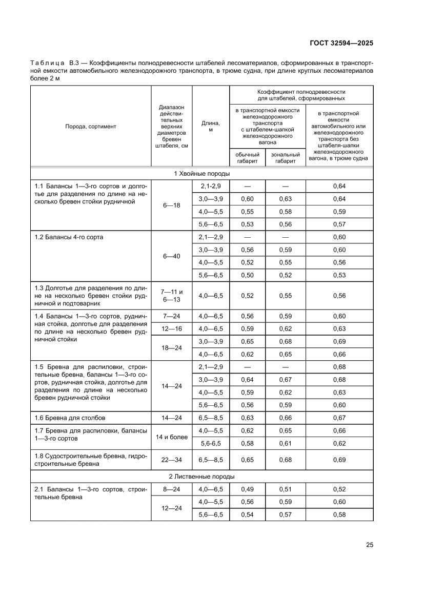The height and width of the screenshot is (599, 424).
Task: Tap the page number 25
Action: (x=369, y=544)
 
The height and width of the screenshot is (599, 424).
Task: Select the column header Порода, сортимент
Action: (x=91, y=126)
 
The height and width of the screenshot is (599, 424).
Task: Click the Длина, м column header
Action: (x=210, y=126)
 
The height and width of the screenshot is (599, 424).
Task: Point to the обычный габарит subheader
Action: (x=247, y=158)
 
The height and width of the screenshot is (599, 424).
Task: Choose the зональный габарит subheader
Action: (x=286, y=158)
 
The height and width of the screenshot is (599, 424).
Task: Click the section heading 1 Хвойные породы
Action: (x=201, y=174)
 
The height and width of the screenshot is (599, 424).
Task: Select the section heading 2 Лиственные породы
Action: (x=201, y=477)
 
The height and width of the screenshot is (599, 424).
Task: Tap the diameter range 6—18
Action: (x=171, y=205)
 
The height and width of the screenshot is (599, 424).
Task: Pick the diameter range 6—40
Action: (x=171, y=256)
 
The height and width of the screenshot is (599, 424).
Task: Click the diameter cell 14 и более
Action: (x=171, y=437)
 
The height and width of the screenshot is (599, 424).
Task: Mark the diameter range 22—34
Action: (x=171, y=460)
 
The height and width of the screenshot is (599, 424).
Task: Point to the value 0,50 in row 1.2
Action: (x=247, y=276)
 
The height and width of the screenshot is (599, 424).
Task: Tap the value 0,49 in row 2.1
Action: (x=247, y=489)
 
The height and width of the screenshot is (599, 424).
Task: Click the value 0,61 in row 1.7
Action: (x=286, y=443)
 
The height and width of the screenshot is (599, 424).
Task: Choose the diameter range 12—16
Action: (x=171, y=328)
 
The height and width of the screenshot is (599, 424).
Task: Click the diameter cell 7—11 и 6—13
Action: (x=171, y=296)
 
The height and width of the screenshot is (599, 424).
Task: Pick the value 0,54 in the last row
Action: (x=247, y=514)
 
